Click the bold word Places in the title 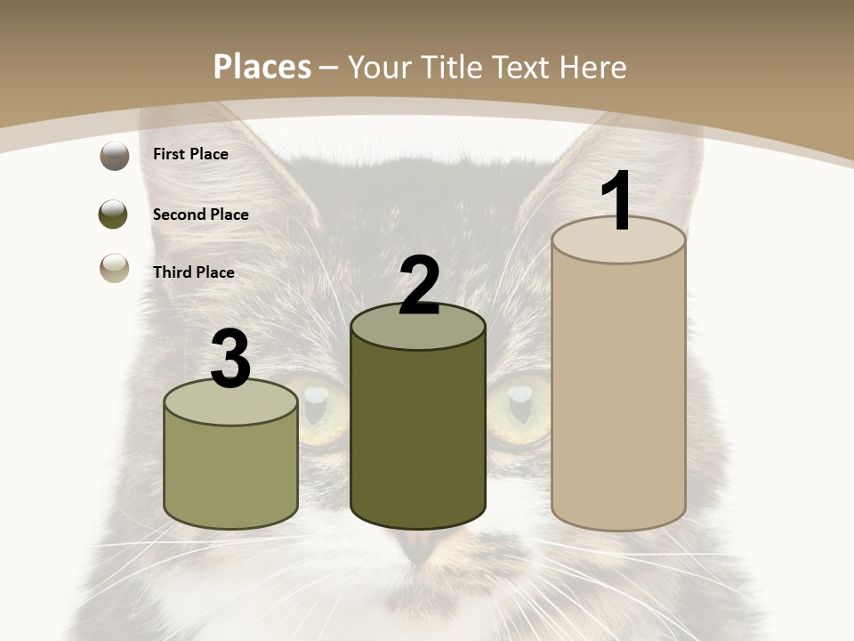click(x=262, y=67)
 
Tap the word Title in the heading click(x=453, y=67)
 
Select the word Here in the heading click(x=592, y=67)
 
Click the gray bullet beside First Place click(x=114, y=156)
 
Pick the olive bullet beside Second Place click(x=114, y=215)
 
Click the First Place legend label click(x=190, y=154)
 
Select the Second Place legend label click(x=200, y=215)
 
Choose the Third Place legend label click(x=193, y=272)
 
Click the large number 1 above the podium click(x=617, y=200)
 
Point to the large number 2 click(x=419, y=286)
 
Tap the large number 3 click(x=231, y=360)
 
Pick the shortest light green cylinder click(x=231, y=472)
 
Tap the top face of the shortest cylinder click(x=231, y=403)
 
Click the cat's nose click(x=420, y=545)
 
